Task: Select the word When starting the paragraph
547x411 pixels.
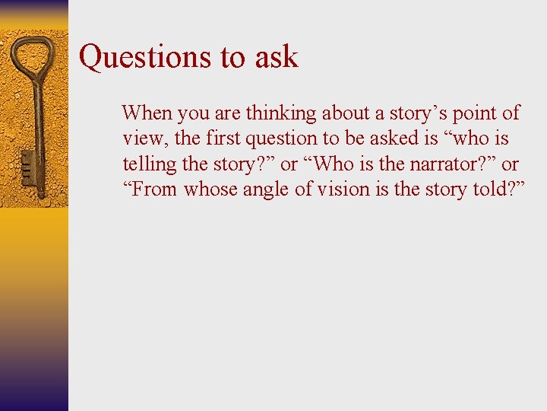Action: (x=147, y=113)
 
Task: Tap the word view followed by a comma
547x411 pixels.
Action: (x=140, y=139)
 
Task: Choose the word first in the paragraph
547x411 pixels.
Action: (x=221, y=139)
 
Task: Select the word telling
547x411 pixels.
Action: (x=146, y=164)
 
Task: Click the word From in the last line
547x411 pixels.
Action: (x=154, y=189)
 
